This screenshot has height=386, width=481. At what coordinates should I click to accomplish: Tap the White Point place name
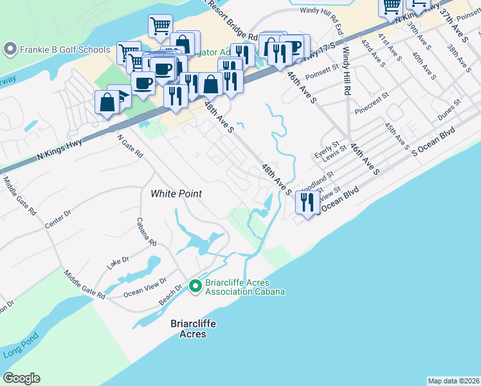tap(176, 193)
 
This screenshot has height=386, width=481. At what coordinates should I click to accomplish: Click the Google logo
tap(21, 378)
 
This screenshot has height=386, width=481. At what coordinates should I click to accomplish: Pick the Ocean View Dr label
tap(145, 286)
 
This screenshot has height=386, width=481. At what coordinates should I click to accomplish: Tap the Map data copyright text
tap(453, 381)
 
